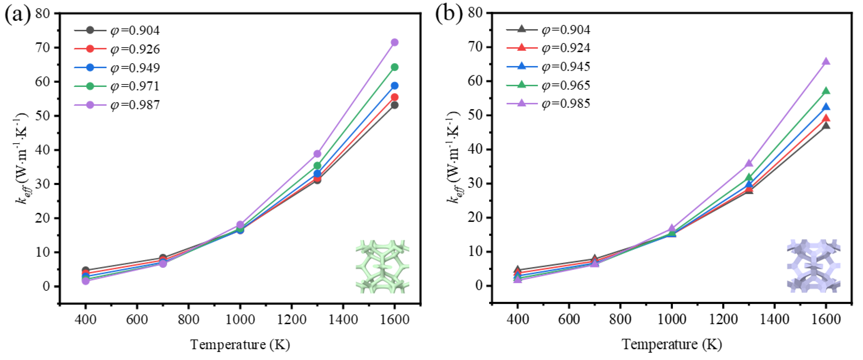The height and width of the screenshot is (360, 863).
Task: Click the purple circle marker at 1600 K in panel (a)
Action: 394,42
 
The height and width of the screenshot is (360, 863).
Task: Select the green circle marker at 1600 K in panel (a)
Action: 394,67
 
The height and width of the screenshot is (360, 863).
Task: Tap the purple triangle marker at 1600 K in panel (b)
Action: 826,62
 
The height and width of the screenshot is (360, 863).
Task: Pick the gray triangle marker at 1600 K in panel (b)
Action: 826,126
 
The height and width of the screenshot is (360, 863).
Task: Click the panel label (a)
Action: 17,15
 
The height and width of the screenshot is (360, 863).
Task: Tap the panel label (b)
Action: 449,14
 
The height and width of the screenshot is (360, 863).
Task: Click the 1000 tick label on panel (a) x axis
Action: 240,319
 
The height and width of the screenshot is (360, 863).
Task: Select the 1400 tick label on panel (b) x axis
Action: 774,319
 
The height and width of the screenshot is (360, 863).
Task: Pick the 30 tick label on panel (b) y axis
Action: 474,184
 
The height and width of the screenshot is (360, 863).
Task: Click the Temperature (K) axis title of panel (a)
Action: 240,345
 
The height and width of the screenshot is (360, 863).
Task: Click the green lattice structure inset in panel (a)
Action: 382,267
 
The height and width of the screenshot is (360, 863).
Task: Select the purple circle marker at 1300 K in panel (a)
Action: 317,154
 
